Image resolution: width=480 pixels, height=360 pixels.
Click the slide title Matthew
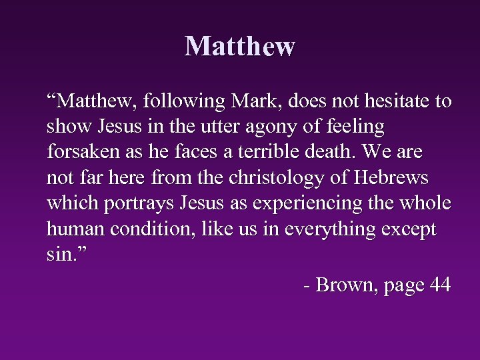[x=240, y=47]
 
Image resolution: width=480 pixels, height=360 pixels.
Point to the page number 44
[x=441, y=285]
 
